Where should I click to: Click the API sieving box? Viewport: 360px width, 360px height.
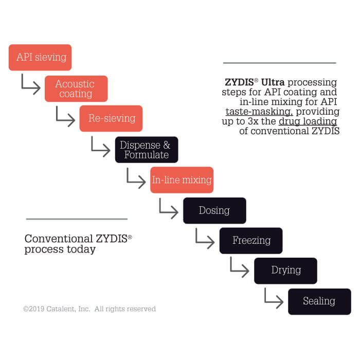coord(40,58)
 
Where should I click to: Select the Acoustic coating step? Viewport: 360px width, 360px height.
coord(76,88)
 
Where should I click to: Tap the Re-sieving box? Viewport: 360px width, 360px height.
coord(111,118)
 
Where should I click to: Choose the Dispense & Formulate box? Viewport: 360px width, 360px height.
coord(147,150)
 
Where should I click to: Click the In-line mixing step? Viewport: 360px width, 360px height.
coord(182,180)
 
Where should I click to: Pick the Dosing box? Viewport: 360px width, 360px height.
coord(214,210)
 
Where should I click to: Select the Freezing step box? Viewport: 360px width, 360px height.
coord(251,241)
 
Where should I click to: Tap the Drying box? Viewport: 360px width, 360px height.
coord(285,271)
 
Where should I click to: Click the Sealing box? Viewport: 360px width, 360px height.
coord(319,301)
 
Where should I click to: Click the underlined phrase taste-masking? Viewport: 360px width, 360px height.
coord(259,112)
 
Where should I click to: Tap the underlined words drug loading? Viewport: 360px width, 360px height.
coord(308,122)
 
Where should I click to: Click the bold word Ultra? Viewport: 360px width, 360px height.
coord(273,82)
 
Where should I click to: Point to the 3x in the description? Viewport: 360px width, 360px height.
coord(253,121)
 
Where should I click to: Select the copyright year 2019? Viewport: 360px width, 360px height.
coord(37,309)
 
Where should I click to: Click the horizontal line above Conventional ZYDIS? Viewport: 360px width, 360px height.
coord(77,219)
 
